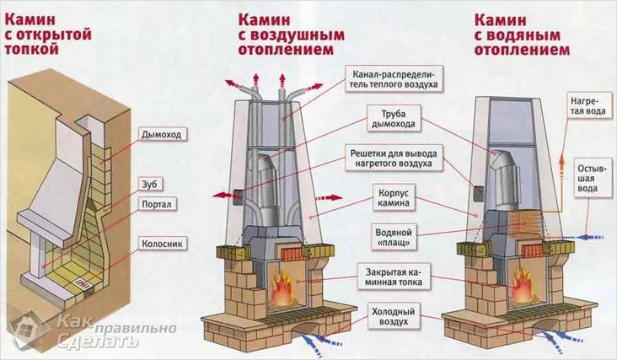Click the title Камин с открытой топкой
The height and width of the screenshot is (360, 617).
37,32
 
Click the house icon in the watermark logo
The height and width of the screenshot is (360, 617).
27,330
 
